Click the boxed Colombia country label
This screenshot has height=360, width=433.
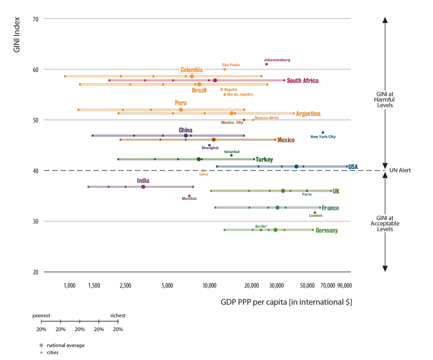click(192, 70)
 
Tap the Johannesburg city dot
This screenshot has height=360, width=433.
click(266, 64)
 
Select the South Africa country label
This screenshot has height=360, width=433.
click(302, 81)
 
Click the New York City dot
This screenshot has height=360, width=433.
click(323, 133)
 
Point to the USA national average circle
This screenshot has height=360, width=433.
click(296, 166)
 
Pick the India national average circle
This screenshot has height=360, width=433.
click(143, 187)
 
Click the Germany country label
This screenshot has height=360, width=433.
click(326, 230)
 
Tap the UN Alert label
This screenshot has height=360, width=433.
click(400, 171)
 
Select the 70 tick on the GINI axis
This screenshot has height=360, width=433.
click(35, 19)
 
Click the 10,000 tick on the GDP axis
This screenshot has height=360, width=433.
click(209, 286)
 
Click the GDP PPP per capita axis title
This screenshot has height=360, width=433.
click(286, 303)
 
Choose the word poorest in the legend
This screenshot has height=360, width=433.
click(41, 316)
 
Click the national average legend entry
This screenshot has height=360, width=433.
click(65, 346)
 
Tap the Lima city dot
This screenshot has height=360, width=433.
click(203, 171)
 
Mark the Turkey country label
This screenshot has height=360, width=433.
click(264, 160)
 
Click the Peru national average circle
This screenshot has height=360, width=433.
click(181, 110)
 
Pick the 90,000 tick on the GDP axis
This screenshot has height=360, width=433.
click(344, 286)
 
